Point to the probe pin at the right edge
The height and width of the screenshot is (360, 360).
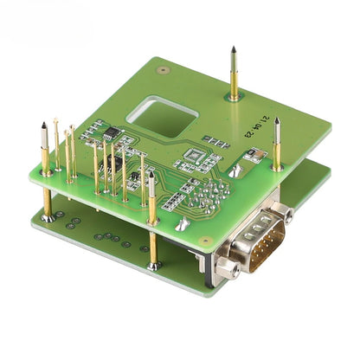click(277, 143)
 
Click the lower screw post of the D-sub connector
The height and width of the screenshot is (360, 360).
click(228, 270)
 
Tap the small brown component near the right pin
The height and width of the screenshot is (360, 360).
click(253, 156)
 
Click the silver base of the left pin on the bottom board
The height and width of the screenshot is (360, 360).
click(48, 217)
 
